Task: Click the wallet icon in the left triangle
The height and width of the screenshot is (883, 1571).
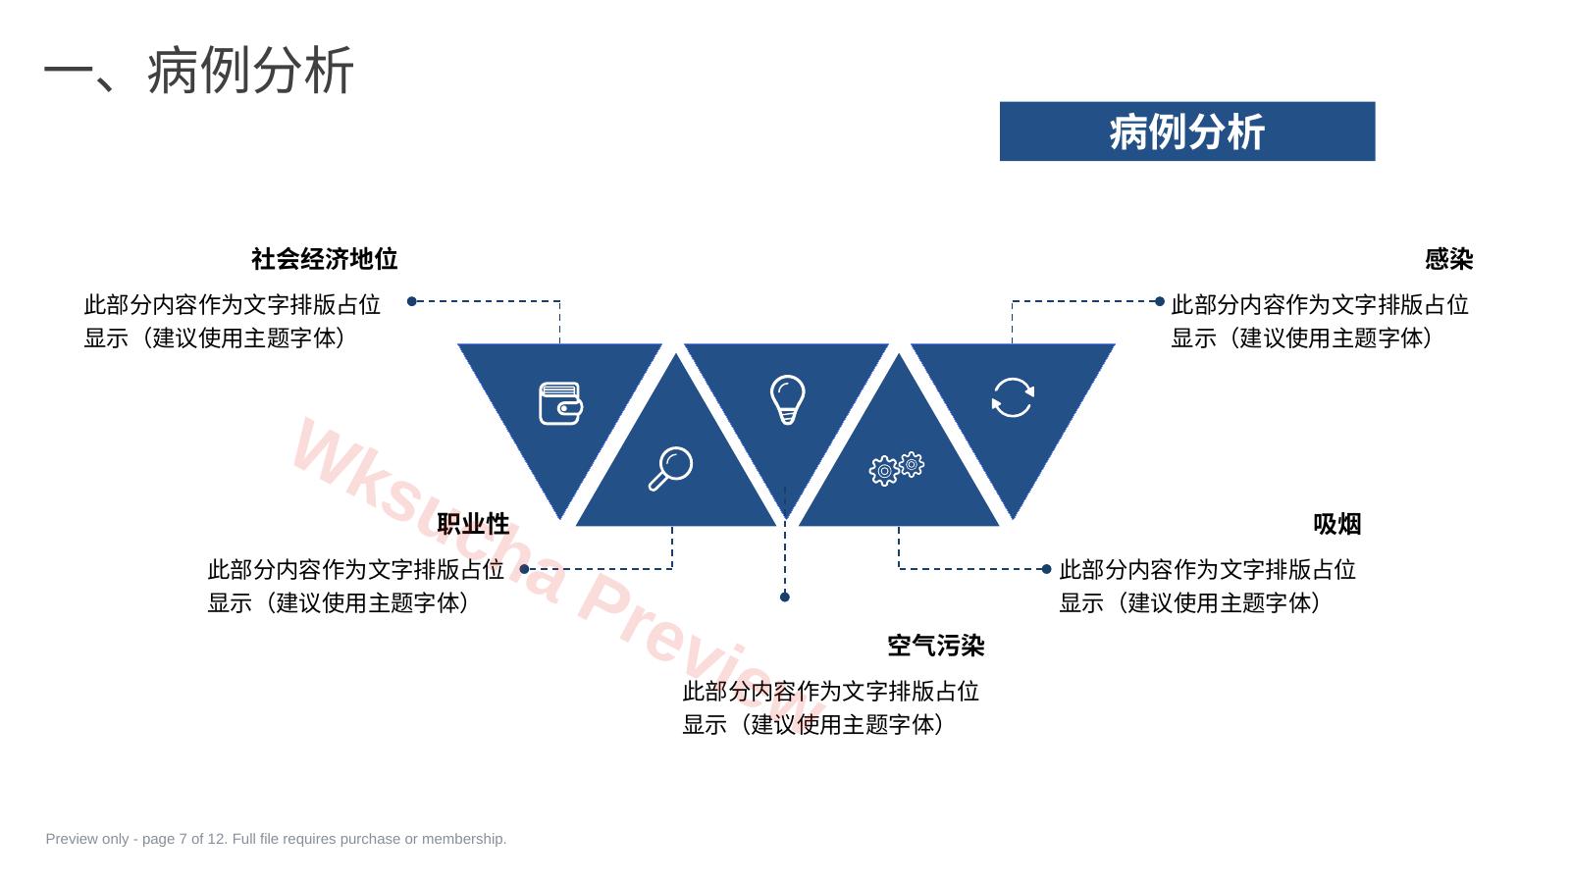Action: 560,403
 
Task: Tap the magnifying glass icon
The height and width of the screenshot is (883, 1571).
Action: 670,468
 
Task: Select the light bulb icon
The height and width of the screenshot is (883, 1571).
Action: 787,399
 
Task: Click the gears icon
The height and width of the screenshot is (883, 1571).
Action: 896,469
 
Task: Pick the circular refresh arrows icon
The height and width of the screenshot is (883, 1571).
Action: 1012,397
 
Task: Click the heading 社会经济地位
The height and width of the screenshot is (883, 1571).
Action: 324,259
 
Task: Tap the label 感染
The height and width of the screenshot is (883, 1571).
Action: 1448,259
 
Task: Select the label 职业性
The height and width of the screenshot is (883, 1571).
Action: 473,524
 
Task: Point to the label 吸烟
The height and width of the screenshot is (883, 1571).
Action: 1336,524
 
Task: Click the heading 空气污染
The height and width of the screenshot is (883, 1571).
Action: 935,646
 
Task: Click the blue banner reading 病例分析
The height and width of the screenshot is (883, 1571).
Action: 1186,131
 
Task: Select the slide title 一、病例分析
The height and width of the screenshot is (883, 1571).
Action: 198,70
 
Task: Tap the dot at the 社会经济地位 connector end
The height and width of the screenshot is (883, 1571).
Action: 412,301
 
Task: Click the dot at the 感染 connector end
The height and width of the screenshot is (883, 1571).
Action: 1159,301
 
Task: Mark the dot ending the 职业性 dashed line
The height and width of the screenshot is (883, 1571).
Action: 524,569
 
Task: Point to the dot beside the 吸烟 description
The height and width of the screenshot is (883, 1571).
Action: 1046,569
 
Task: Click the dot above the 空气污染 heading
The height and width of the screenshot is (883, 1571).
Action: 785,597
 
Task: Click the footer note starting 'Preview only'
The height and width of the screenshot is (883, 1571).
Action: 276,839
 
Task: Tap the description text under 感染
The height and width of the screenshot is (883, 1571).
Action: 1319,321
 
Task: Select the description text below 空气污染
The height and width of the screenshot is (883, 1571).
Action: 830,707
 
